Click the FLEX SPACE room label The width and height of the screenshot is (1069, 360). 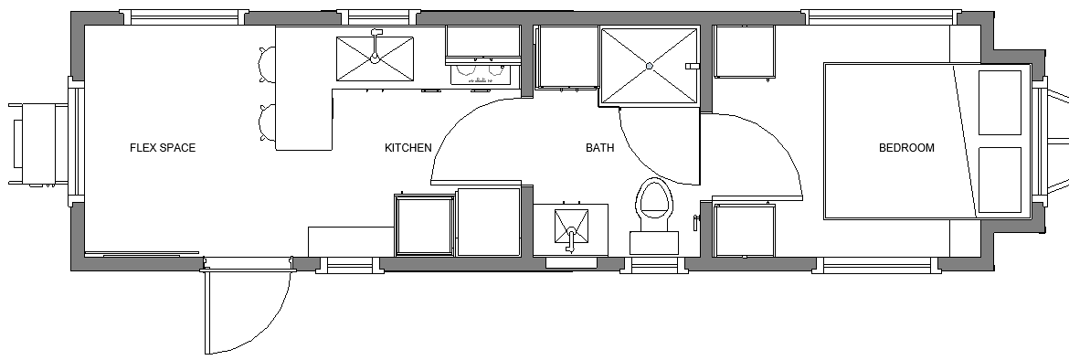(x=163, y=147)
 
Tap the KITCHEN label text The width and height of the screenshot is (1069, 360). (x=407, y=147)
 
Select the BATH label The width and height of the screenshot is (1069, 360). (x=600, y=147)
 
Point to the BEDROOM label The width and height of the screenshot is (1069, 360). (x=906, y=147)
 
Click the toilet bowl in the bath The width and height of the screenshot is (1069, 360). (x=654, y=197)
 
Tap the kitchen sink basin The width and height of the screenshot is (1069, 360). (x=375, y=59)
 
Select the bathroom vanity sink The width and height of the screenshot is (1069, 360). (x=571, y=226)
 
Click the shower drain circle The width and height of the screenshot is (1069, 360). (x=649, y=66)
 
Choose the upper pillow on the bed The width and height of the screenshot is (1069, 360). (x=1000, y=102)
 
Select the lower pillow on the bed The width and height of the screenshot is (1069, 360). (x=1000, y=179)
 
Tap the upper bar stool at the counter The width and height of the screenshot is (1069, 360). (x=267, y=65)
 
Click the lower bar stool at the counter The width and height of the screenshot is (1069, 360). (x=267, y=122)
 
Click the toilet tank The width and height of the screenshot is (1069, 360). (x=654, y=243)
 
